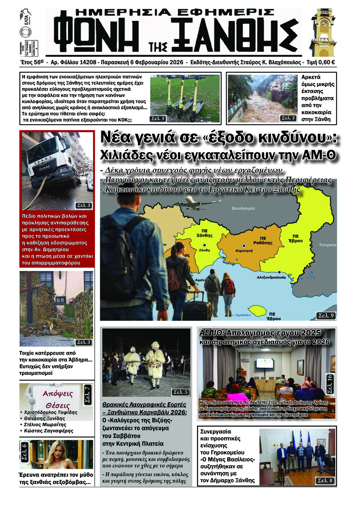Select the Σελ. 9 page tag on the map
[x=326, y=315]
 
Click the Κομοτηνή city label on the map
[x=244, y=251]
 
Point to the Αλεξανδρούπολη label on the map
[x=271, y=277]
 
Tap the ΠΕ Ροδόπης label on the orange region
[x=263, y=240]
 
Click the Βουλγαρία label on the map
[x=243, y=208]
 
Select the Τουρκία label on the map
[x=327, y=245]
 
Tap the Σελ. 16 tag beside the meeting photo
[x=330, y=384]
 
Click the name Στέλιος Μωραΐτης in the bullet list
[x=45, y=425]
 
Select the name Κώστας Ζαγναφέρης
[x=49, y=431]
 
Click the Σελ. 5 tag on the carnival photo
[x=180, y=392]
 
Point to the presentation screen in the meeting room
[x=265, y=363]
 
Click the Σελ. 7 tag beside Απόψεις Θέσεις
[x=87, y=394]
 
